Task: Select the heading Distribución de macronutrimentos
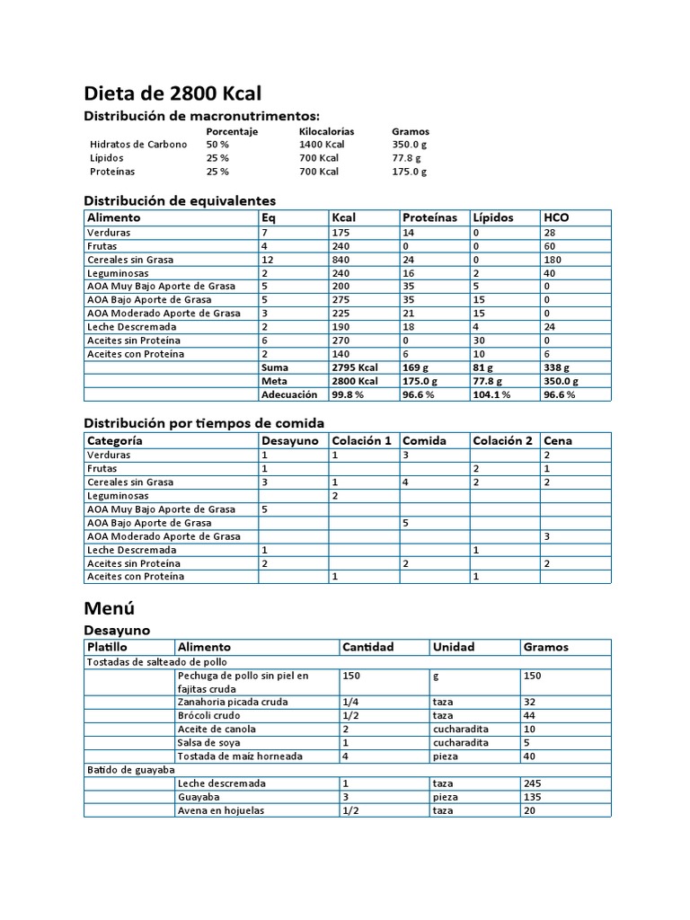click(201, 116)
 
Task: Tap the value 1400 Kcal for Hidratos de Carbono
click(322, 145)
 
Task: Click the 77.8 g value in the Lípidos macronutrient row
click(406, 158)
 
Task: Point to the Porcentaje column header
click(232, 131)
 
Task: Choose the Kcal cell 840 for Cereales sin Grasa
click(341, 260)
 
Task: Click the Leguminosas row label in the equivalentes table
click(118, 273)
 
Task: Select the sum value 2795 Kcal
click(355, 367)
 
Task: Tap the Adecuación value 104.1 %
click(491, 394)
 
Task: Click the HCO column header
click(556, 217)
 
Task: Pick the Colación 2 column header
click(502, 441)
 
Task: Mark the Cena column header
click(557, 441)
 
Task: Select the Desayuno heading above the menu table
click(117, 631)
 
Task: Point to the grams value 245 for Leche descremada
click(533, 783)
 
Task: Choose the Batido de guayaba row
click(130, 770)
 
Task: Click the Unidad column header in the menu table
click(454, 647)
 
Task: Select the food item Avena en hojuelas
click(221, 810)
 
